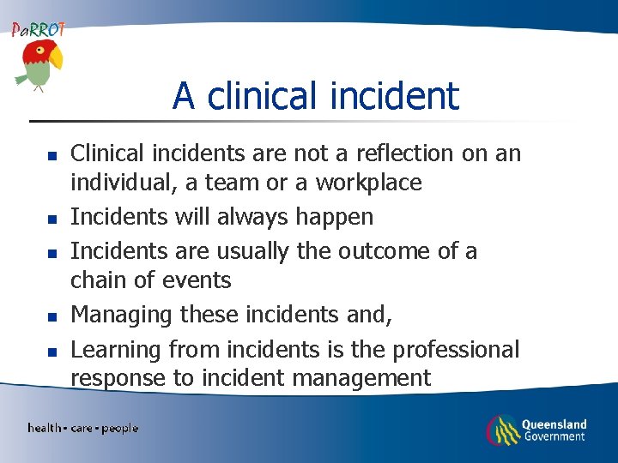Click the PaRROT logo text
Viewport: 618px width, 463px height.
pos(38,29)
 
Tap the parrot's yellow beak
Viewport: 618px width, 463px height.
pos(56,58)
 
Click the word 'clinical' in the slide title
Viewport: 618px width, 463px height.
pos(255,96)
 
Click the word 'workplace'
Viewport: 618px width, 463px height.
pos(368,183)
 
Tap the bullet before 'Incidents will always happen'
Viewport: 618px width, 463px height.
pos(51,220)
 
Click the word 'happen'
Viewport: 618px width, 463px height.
pos(335,218)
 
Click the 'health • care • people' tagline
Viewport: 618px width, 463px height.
pos(82,428)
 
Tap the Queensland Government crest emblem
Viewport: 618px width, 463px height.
pos(503,430)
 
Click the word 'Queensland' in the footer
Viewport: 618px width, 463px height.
pos(554,424)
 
